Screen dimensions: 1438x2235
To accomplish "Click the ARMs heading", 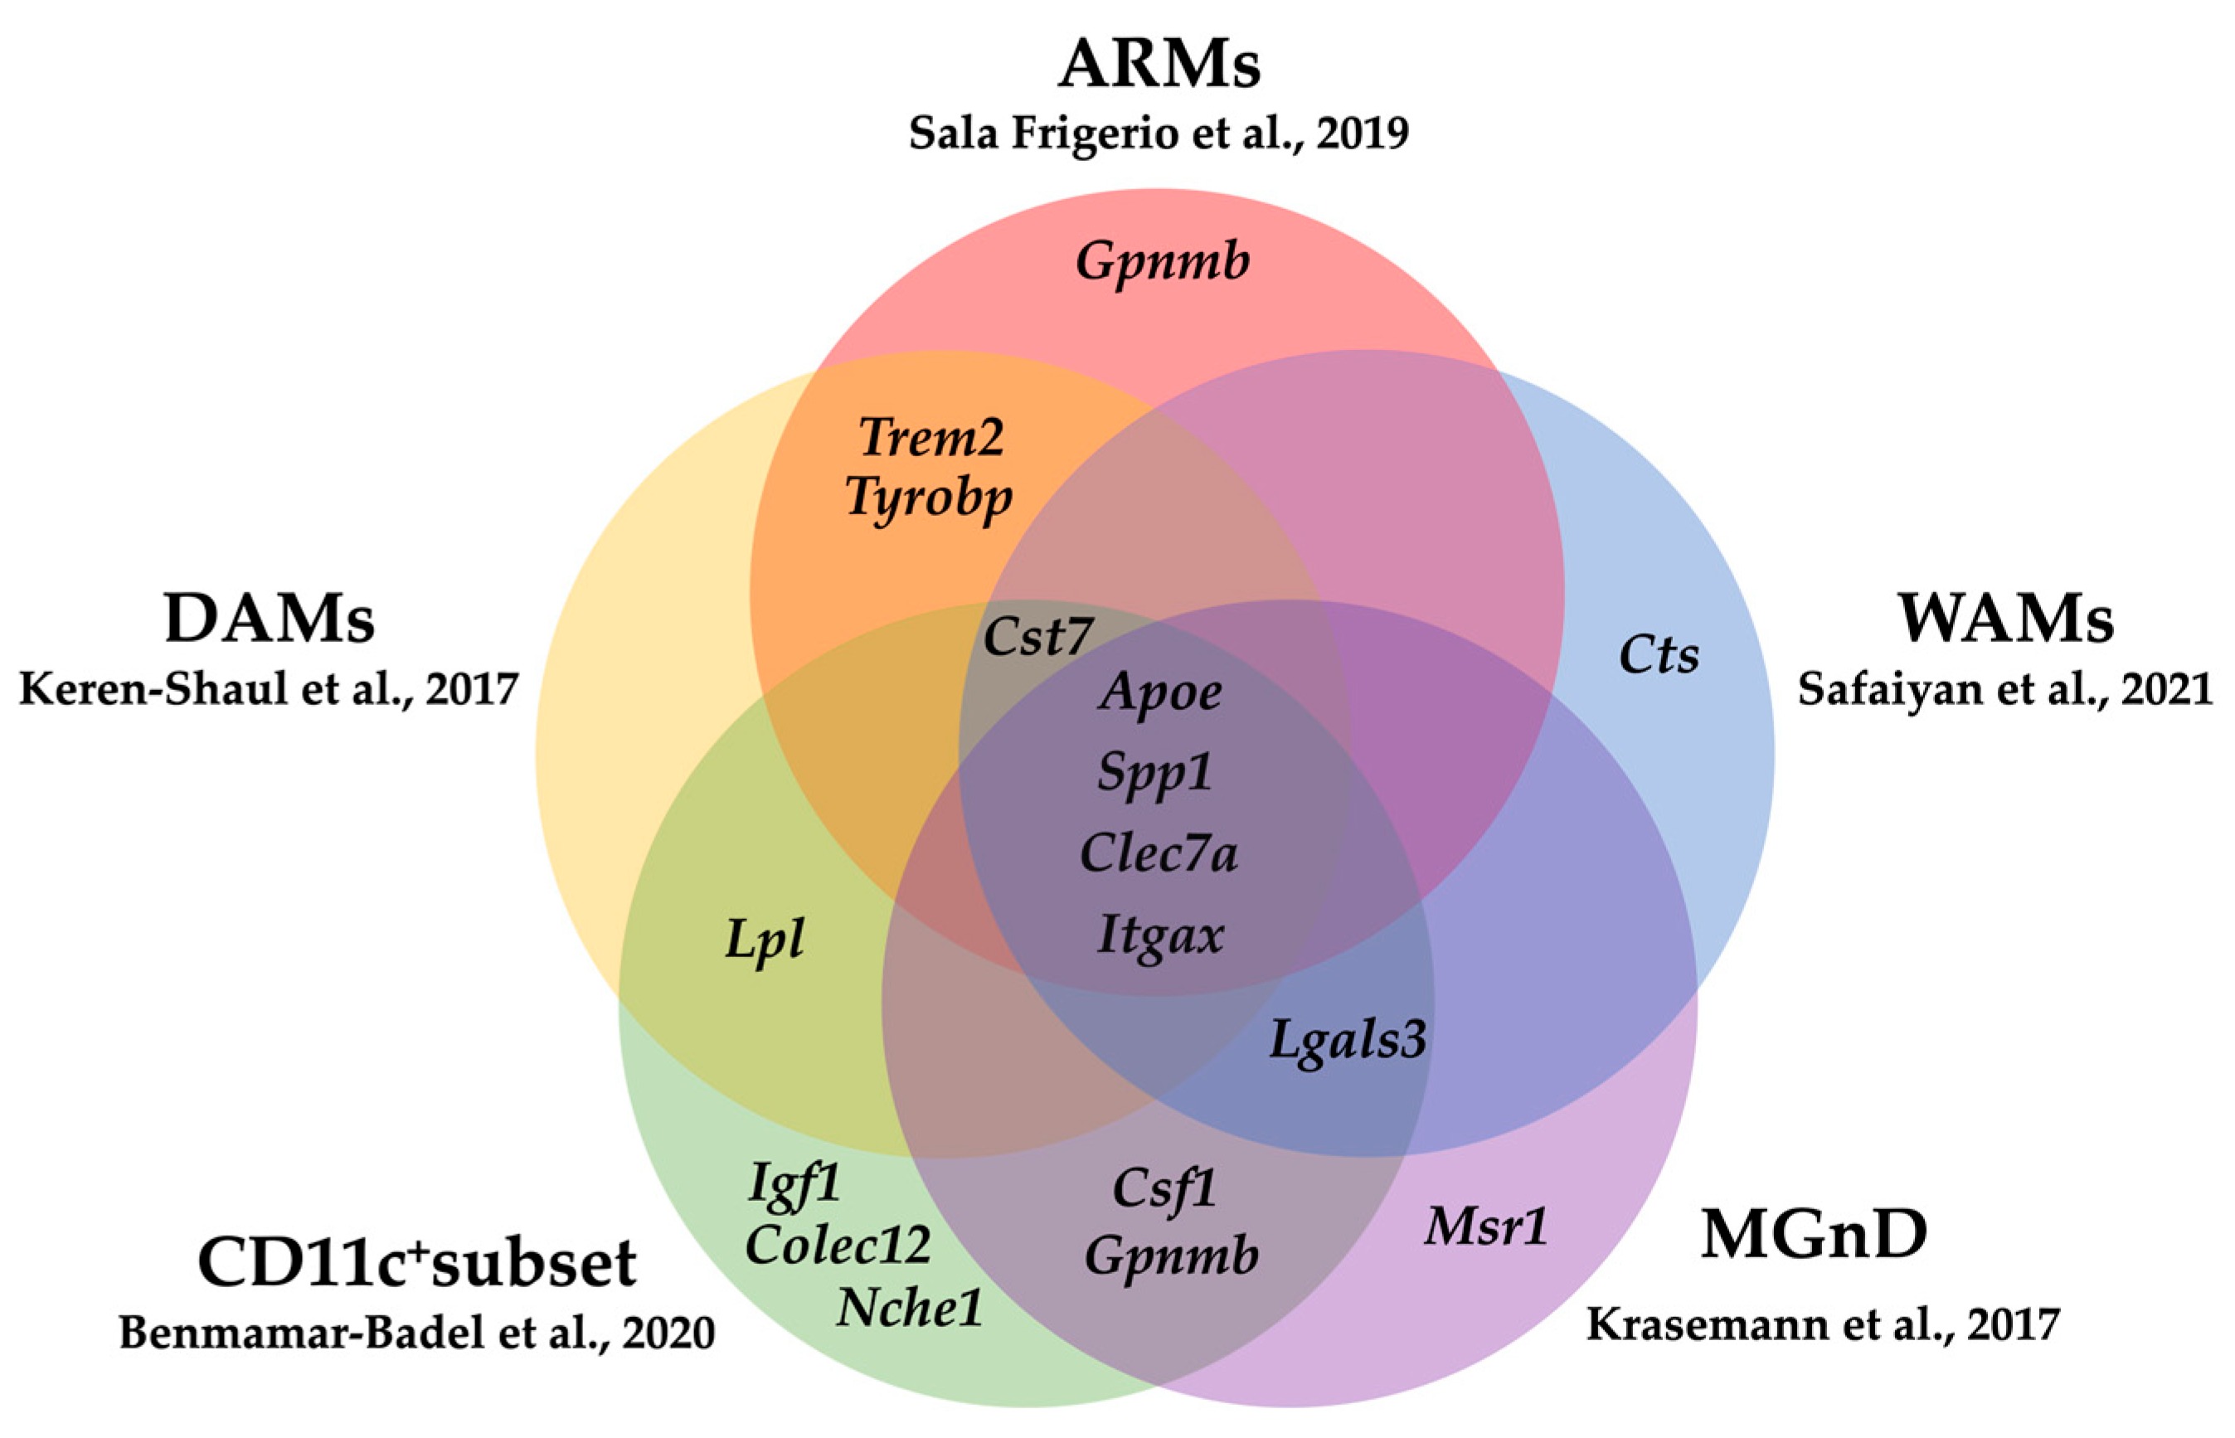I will point(1159,65).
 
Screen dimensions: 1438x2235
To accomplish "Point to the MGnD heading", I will point(1814,1233).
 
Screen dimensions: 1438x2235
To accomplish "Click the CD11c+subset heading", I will point(416,1262).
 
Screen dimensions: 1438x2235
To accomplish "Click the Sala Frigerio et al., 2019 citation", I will point(1159,134).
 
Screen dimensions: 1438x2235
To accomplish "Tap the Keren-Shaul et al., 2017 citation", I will point(269,689).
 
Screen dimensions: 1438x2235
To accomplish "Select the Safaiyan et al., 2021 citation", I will point(2005,689).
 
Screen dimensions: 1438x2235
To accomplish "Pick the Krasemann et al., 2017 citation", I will point(1822,1324).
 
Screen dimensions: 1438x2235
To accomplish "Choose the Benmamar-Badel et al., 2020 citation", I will point(416,1333).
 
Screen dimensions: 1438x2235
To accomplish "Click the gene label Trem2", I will point(930,437).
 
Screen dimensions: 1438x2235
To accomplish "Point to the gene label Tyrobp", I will point(929,497).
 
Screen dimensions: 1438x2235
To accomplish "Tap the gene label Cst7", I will point(1037,637).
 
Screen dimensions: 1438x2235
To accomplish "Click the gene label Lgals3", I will point(1347,1038).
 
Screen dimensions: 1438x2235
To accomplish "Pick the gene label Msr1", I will point(1485,1225).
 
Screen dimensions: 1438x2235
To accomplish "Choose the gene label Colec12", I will point(838,1245).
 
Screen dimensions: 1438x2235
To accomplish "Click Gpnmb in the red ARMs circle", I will point(1163,261).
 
